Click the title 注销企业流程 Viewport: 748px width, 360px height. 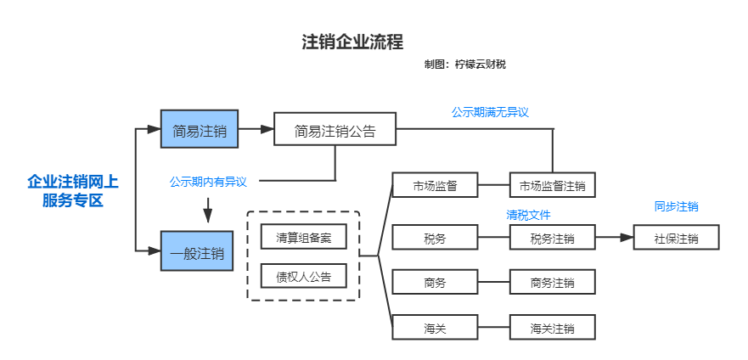point(352,42)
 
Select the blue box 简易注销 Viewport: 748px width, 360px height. point(200,131)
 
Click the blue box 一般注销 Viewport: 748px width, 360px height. point(197,251)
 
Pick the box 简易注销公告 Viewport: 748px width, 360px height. point(335,131)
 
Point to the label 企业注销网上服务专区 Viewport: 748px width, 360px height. point(72,191)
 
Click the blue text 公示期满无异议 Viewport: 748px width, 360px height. point(490,112)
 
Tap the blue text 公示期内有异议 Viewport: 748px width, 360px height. point(208,181)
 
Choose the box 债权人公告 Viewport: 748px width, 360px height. point(303,277)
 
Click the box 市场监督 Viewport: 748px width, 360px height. point(435,185)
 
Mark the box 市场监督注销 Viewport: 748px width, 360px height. point(552,185)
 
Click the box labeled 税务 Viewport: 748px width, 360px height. point(435,238)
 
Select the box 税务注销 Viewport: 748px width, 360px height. point(552,238)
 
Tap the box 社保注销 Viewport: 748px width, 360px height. point(676,238)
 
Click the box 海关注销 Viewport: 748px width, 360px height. point(552,328)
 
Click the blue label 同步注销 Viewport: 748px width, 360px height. point(676,206)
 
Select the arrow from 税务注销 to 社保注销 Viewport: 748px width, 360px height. point(614,238)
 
